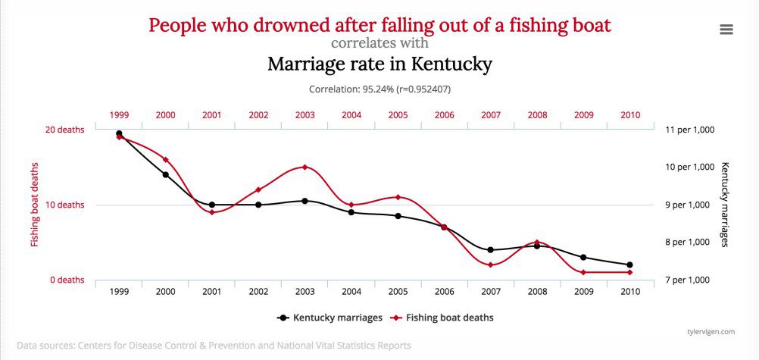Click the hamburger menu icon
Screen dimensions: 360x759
coord(726,29)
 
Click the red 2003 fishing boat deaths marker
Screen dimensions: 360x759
coord(305,167)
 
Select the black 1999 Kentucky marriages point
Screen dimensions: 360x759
coord(119,133)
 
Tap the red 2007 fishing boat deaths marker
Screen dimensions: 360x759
coord(490,265)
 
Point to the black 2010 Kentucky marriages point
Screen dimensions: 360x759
coord(629,265)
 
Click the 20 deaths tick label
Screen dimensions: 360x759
coord(67,130)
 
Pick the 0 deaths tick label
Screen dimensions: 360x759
coord(67,280)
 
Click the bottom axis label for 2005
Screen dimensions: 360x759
coord(398,292)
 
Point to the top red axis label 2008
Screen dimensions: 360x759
coord(537,115)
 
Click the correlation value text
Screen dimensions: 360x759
coord(379,89)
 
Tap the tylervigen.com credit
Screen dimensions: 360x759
coord(711,331)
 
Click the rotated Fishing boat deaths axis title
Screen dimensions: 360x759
coord(35,205)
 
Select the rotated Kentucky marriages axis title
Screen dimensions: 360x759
coord(725,205)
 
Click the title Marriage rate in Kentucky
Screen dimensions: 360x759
coord(379,64)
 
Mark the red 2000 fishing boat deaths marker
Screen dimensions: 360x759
coord(166,159)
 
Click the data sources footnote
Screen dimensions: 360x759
coord(214,346)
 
